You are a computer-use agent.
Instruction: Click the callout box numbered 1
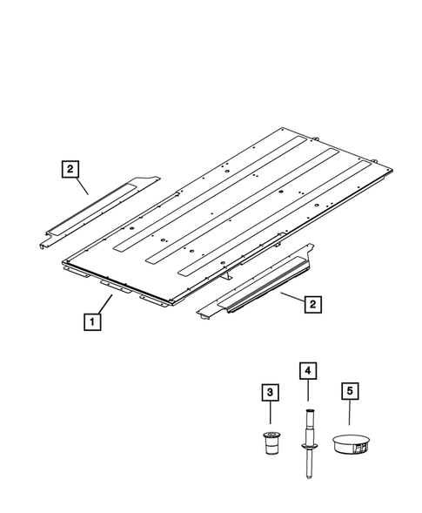tap(91, 320)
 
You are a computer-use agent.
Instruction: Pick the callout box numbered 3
tap(271, 394)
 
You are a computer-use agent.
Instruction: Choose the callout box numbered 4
tap(308, 370)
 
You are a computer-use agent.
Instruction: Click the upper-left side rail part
tap(96, 210)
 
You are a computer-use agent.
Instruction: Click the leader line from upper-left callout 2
tap(81, 183)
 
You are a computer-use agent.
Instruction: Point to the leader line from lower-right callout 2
tap(290, 299)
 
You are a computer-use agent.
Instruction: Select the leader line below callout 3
tap(271, 414)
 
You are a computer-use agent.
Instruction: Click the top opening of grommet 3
tap(271, 433)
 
